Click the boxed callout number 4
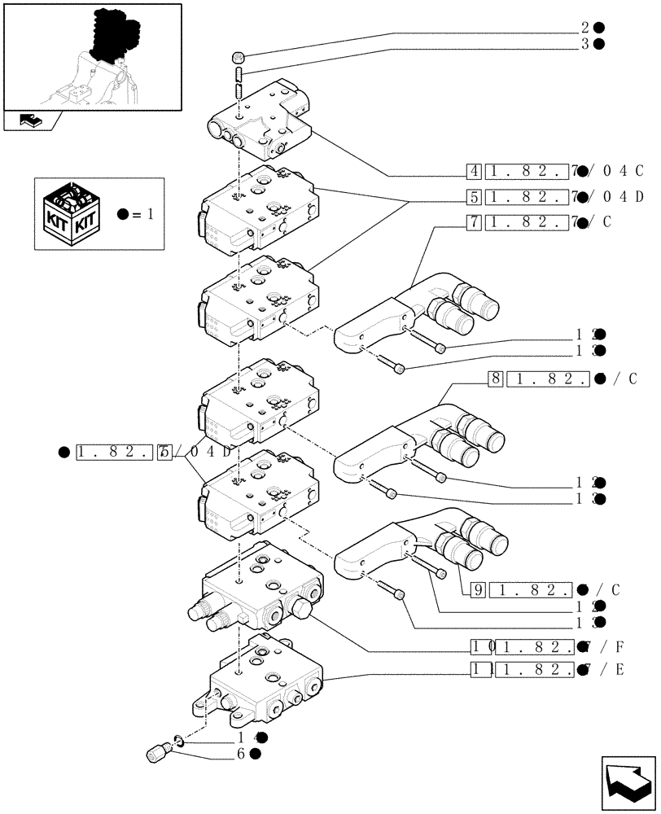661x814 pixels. pyautogui.click(x=474, y=172)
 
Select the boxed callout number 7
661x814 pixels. pyautogui.click(x=474, y=222)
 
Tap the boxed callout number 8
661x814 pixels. pyautogui.click(x=495, y=379)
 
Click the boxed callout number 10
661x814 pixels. pyautogui.click(x=479, y=647)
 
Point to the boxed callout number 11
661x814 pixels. pyautogui.click(x=479, y=670)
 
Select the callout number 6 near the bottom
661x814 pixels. pyautogui.click(x=242, y=754)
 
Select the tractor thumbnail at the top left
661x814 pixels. pyautogui.click(x=91, y=57)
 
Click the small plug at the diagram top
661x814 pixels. pyautogui.click(x=239, y=57)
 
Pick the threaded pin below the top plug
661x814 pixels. pyautogui.click(x=239, y=81)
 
